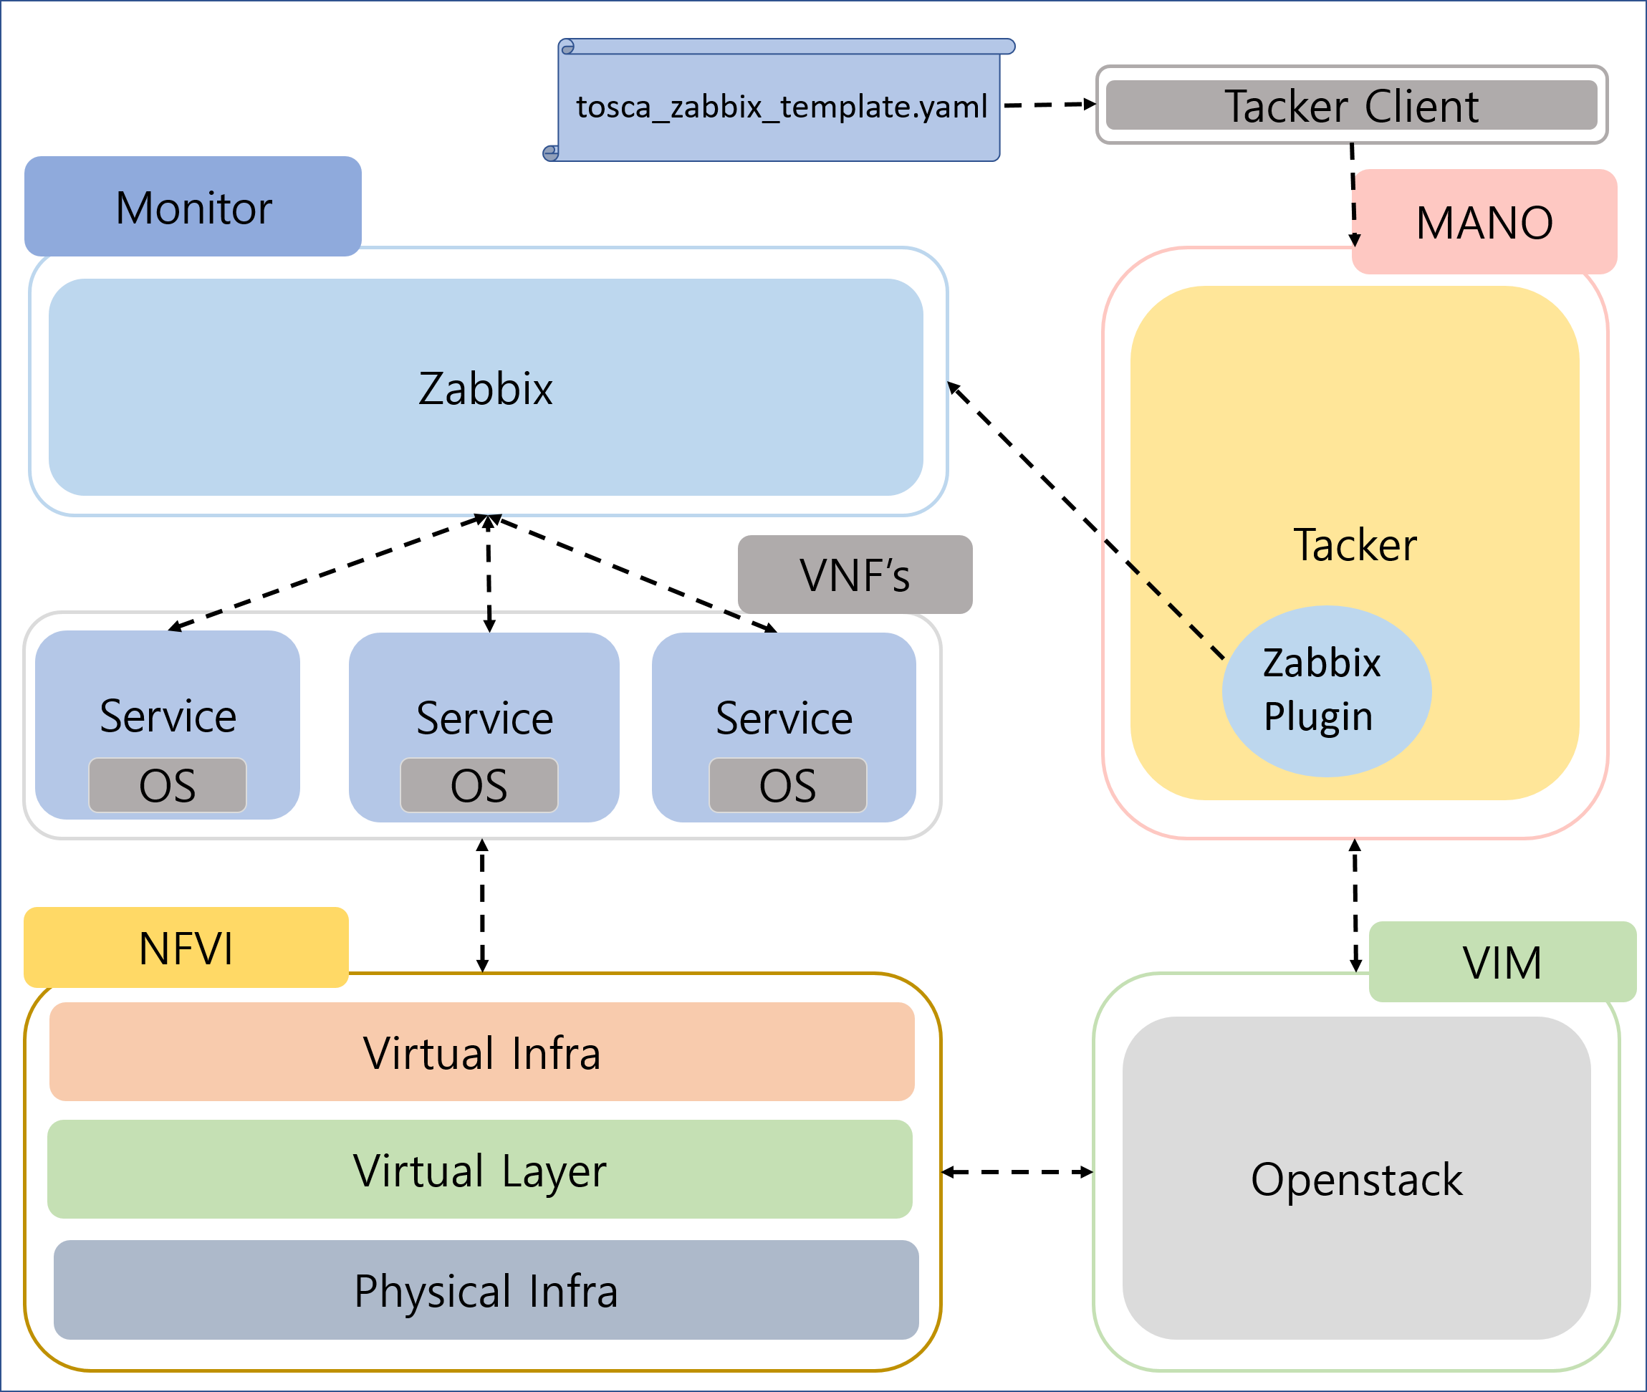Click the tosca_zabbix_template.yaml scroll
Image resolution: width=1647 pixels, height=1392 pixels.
pos(779,107)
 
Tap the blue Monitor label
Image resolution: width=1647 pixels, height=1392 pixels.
pos(193,208)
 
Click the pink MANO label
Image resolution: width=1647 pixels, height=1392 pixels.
pos(1484,223)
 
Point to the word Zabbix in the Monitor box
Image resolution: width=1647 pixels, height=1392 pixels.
pos(485,388)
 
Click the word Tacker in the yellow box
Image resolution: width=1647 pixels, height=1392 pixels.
pos(1355,544)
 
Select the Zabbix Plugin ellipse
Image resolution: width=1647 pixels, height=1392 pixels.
pos(1326,691)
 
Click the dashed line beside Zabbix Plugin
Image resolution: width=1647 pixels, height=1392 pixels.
pos(1178,612)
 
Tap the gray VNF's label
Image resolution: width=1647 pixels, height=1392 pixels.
pos(855,575)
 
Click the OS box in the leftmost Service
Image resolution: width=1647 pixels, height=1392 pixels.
pos(168,785)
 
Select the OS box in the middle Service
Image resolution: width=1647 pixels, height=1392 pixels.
pos(479,785)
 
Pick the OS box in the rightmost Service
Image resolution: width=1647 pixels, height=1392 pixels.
pos(787,785)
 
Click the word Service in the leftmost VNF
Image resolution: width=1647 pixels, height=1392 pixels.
pos(168,716)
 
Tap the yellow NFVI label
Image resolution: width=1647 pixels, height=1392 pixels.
pos(186,948)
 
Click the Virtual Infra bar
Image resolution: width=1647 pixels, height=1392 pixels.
pos(481,1052)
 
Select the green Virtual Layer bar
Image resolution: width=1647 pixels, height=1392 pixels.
pos(480,1170)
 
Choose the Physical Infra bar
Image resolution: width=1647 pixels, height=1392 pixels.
pos(485,1291)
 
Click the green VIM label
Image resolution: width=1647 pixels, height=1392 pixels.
pos(1502,962)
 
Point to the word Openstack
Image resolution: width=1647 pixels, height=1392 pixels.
pos(1357,1180)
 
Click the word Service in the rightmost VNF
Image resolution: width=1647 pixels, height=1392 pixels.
pos(784,718)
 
